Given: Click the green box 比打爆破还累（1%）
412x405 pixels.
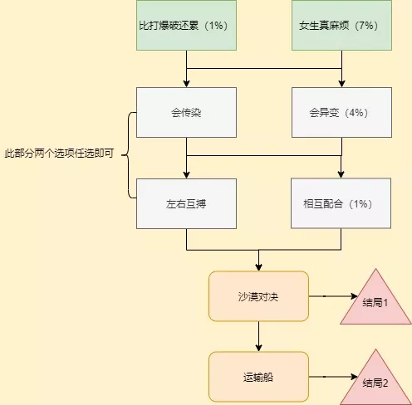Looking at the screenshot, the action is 186,25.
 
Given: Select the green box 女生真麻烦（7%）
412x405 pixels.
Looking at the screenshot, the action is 341,25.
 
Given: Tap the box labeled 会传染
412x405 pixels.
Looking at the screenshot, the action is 186,112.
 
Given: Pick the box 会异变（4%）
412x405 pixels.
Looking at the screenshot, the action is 341,112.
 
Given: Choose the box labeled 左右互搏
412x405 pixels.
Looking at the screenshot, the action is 186,203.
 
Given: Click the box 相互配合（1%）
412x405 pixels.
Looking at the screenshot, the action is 341,203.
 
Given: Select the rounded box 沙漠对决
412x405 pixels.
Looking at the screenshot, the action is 258,296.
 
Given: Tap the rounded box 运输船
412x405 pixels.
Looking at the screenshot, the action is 258,377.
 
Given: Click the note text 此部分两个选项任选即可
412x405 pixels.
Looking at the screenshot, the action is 59,153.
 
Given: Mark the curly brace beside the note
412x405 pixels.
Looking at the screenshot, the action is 128,155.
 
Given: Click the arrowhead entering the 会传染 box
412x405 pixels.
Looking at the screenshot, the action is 186,84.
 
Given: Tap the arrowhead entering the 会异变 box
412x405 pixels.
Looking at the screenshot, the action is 341,84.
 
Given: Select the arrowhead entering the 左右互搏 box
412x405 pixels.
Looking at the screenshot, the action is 186,174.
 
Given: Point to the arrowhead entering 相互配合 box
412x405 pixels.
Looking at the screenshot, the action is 341,174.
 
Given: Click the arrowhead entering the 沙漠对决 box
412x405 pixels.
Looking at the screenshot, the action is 258,267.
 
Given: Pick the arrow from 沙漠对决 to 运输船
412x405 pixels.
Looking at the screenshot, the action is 258,336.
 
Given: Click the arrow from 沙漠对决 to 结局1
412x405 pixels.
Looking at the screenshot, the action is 333,296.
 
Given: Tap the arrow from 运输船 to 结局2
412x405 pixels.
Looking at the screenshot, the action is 333,377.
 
